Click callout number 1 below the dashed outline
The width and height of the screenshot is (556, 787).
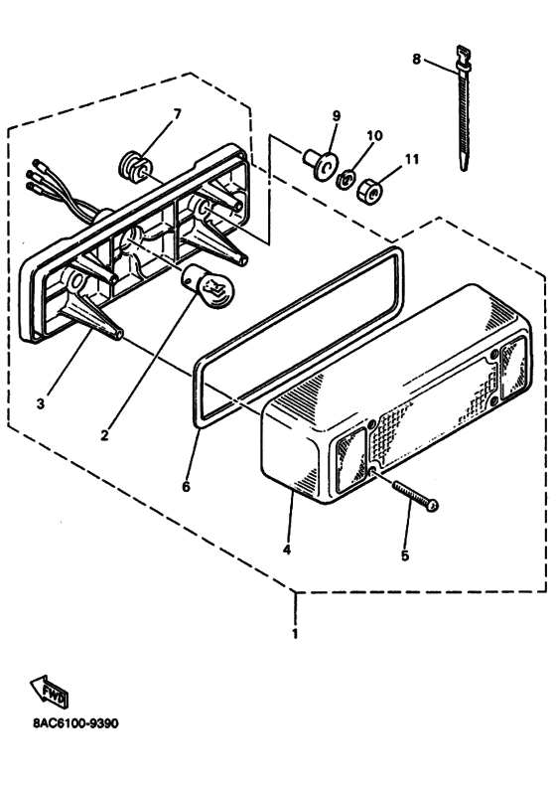pos(295,634)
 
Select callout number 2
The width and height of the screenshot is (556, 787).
pos(104,435)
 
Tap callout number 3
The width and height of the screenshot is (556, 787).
pos(41,403)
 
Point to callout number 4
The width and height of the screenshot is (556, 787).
pos(286,550)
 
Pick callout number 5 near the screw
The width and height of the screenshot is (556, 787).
pos(405,555)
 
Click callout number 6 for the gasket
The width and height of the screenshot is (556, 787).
pos(186,486)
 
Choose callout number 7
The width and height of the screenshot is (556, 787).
pos(177,114)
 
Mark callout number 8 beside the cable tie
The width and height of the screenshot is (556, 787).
pos(417,60)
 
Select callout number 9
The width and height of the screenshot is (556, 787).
pos(336,116)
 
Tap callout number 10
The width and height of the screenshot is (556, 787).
pos(374,135)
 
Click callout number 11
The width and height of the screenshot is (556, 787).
pos(411,160)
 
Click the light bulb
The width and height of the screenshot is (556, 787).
pos(208,286)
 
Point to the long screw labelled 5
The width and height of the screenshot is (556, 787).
pos(416,496)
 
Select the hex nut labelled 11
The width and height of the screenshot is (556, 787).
pos(370,191)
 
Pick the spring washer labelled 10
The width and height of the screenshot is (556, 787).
pos(346,178)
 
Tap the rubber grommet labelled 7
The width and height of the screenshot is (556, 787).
pos(133,166)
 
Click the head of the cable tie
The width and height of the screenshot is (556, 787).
pos(464,57)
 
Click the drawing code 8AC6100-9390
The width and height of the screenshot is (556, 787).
pos(76,723)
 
